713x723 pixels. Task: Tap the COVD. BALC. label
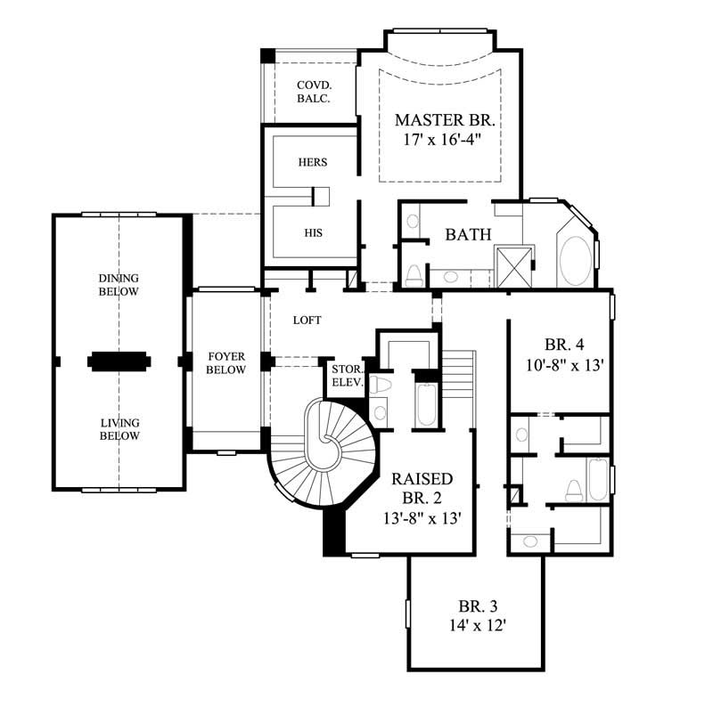tap(313, 93)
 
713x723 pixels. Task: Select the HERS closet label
tap(312, 163)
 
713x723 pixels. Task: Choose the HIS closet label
tap(312, 232)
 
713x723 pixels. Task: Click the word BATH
tap(468, 235)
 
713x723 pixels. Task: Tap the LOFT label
tap(307, 320)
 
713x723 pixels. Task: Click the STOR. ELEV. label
tap(345, 376)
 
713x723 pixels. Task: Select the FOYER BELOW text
tap(225, 363)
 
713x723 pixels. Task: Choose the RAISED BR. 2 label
tap(422, 489)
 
